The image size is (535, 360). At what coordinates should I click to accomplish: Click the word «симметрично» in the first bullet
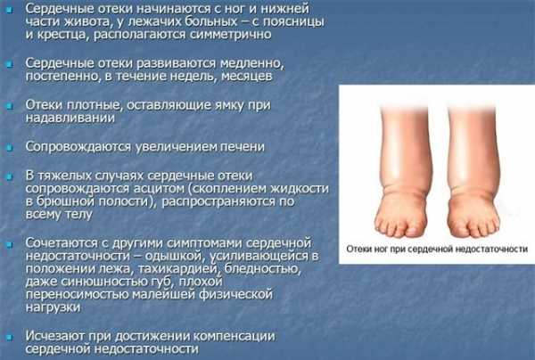(x=230, y=35)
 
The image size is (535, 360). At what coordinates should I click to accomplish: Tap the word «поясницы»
(x=294, y=22)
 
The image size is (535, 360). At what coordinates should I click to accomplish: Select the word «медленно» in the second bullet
(x=251, y=64)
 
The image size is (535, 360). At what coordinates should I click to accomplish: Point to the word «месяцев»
(x=246, y=77)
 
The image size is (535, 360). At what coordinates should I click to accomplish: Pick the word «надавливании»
(x=70, y=118)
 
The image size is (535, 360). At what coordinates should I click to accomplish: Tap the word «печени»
(x=242, y=147)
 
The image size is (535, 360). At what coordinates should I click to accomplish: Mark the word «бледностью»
(x=263, y=269)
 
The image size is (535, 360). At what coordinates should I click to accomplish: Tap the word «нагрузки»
(x=53, y=307)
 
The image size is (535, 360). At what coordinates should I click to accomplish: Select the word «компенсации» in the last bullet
(x=234, y=337)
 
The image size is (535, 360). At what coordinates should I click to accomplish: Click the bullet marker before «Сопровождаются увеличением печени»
(x=10, y=148)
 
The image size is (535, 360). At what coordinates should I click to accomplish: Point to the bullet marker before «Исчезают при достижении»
(x=10, y=338)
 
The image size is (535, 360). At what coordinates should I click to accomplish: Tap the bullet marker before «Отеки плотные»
(x=10, y=107)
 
